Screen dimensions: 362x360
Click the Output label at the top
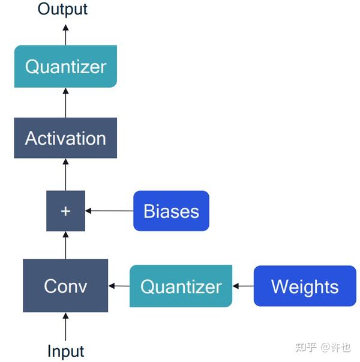(62, 9)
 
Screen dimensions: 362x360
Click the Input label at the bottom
(66, 351)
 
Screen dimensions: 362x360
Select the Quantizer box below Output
(65, 67)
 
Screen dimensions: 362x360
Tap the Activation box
(65, 138)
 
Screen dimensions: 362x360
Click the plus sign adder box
(65, 211)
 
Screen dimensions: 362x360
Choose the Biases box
(171, 211)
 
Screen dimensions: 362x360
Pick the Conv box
(65, 286)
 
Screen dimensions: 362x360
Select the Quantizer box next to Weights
(181, 286)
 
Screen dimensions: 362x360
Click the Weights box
(305, 286)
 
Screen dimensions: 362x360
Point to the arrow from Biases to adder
(109, 211)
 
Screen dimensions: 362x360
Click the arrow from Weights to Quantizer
(243, 286)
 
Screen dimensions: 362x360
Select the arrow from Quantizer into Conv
(119, 286)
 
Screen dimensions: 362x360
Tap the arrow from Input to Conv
(65, 327)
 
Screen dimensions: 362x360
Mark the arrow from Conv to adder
(65, 246)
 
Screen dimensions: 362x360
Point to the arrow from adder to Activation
(65, 175)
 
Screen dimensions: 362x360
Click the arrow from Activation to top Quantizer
(65, 103)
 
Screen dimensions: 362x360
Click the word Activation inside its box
(65, 138)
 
